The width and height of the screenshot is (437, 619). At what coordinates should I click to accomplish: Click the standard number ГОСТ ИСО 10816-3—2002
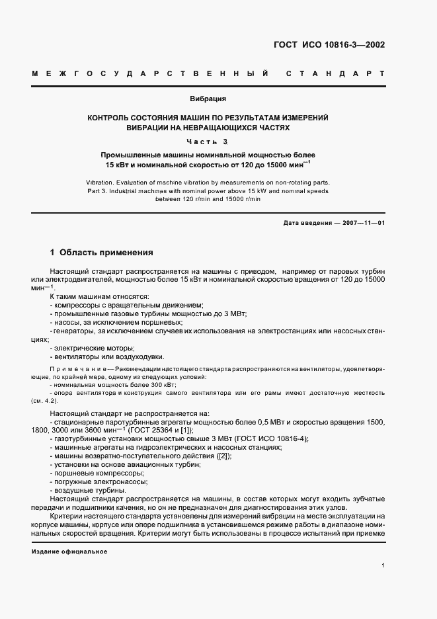pos(329,46)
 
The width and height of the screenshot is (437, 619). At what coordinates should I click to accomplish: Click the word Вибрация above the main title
pos(208,99)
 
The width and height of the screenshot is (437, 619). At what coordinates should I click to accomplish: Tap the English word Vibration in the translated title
pos(101,181)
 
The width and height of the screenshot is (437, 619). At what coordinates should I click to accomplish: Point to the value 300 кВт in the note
pos(163,384)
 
